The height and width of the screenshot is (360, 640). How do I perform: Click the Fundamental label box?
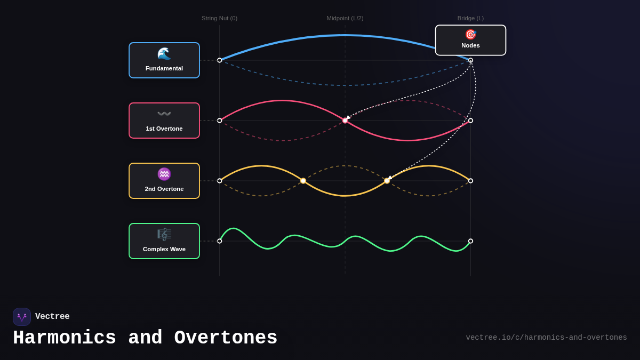pos(164,60)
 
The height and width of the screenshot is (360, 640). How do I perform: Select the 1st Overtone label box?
pos(164,121)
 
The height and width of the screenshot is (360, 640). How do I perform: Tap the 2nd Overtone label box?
pos(164,181)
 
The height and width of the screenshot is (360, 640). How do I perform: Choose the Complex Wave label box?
pos(164,241)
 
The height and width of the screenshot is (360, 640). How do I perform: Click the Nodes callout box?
pos(470,40)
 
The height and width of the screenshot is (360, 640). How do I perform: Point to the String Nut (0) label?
pos(219,18)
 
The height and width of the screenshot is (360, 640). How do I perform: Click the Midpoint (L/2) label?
pos(345,18)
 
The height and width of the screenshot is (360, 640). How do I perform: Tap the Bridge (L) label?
pos(470,18)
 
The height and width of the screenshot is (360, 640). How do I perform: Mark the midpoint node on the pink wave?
pos(345,121)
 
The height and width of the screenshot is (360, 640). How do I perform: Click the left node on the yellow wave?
pos(303,181)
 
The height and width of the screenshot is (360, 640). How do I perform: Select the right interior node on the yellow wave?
pos(387,181)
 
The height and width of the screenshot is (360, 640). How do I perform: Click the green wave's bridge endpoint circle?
pos(470,241)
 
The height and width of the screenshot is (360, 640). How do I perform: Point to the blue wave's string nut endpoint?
pos(220,60)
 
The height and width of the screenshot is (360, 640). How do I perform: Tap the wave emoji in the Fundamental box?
pos(164,53)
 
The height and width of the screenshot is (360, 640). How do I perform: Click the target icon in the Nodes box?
pos(470,35)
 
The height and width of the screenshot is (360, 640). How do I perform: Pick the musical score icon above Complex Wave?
pos(164,234)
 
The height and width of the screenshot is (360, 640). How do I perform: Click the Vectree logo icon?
pos(22,317)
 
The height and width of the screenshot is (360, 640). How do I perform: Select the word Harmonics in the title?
pos(65,338)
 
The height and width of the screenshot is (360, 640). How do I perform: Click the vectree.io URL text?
pos(546,338)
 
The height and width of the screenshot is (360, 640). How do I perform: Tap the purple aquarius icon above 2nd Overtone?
pos(164,174)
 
